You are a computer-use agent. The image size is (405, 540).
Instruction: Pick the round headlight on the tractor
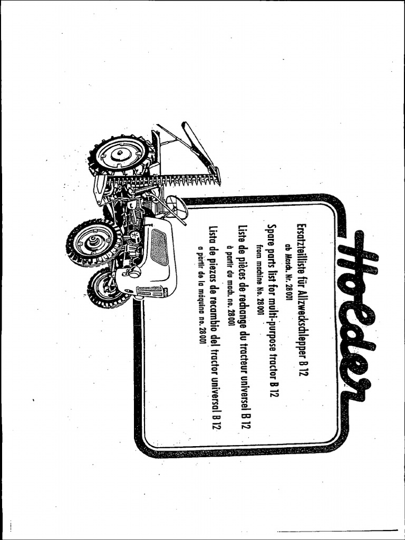135,272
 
